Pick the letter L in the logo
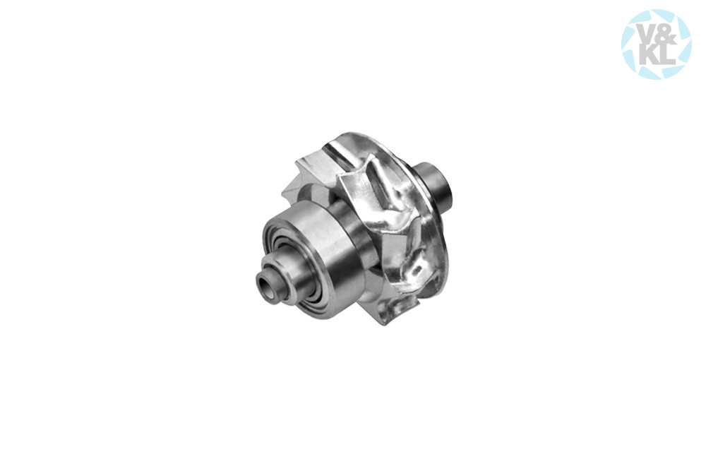(664, 56)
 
